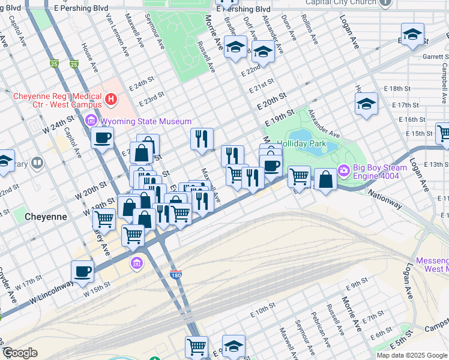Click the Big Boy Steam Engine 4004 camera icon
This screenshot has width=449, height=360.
click(343, 170)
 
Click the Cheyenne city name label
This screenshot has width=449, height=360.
click(45, 216)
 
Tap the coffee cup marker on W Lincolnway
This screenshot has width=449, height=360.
click(83, 272)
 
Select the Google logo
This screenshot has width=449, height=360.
click(20, 353)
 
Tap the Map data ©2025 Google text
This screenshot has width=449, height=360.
click(412, 355)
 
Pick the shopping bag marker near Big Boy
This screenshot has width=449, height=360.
click(325, 179)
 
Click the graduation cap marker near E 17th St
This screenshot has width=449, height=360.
click(366, 104)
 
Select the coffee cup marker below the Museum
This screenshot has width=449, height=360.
click(102, 138)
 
